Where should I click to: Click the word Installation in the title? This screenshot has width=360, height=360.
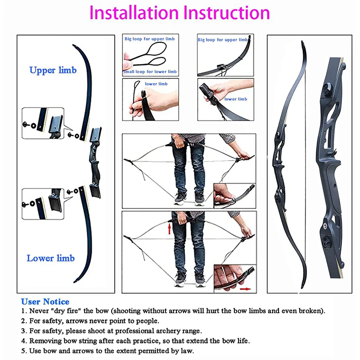[x=134, y=13]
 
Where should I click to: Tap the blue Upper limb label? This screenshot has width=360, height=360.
[x=53, y=70]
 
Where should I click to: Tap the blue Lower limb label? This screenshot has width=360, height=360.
[x=50, y=258]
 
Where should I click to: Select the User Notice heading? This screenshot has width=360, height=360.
[x=45, y=301]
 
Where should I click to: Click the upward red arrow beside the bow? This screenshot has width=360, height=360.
[x=170, y=229]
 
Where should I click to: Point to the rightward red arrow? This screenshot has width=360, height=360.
[x=245, y=289]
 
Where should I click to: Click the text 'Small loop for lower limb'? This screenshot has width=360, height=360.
[x=150, y=72]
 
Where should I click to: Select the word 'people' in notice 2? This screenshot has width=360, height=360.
[x=147, y=321]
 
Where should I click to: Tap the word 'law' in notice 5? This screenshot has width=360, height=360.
[x=187, y=351]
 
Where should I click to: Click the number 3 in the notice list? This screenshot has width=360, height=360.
[x=23, y=331]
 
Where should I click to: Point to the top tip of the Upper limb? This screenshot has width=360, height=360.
[x=73, y=45]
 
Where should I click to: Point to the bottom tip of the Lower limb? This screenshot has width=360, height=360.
[x=75, y=282]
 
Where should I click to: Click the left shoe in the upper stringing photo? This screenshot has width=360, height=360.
[x=180, y=198]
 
